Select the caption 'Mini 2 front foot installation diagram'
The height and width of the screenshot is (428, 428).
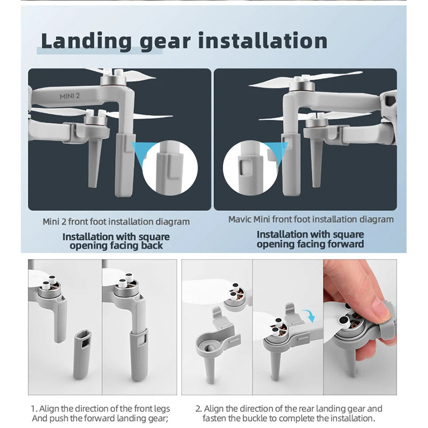click(x=116, y=221)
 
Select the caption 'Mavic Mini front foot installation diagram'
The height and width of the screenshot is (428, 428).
click(x=310, y=219)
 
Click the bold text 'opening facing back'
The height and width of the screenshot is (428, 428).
click(x=116, y=246)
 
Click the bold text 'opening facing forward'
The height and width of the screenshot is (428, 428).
click(x=310, y=244)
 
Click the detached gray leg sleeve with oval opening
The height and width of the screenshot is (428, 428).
click(x=82, y=350)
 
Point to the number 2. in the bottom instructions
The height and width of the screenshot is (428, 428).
click(x=198, y=409)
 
